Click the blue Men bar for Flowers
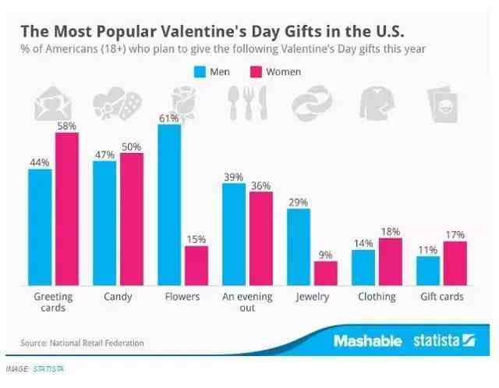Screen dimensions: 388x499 click(x=169, y=205)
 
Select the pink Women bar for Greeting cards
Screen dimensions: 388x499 click(x=66, y=208)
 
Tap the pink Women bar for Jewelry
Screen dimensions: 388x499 click(x=326, y=273)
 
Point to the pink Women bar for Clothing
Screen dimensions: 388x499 click(x=391, y=262)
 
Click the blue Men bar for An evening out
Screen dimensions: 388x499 click(x=234, y=235)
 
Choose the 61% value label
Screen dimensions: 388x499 click(x=169, y=118)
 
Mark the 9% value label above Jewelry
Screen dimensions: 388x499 click(x=326, y=255)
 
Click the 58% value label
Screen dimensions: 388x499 click(x=66, y=126)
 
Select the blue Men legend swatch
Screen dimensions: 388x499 click(x=200, y=72)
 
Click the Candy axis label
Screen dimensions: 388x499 click(x=118, y=297)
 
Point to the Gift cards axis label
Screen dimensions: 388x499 click(x=441, y=297)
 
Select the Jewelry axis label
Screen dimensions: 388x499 click(x=312, y=297)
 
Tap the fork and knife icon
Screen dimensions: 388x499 click(x=246, y=104)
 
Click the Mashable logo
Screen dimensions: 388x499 click(x=367, y=341)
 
